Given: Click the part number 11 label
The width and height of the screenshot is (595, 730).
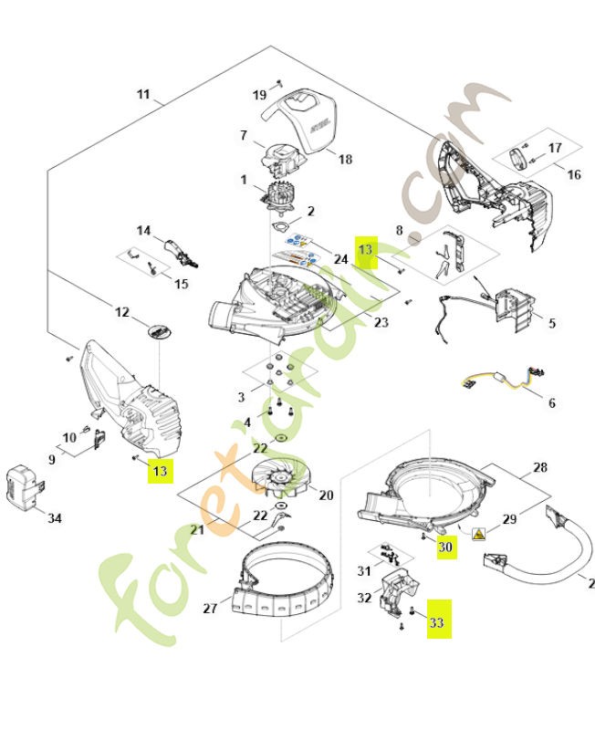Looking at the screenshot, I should click(143, 95).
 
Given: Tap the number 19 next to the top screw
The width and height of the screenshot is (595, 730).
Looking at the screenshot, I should click(260, 95).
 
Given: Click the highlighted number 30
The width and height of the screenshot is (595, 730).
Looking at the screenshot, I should click(444, 547).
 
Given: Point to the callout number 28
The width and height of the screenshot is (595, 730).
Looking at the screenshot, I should click(540, 468).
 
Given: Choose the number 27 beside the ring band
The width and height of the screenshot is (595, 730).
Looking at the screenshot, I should click(209, 608).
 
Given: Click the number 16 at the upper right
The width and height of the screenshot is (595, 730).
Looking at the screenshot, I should click(574, 174).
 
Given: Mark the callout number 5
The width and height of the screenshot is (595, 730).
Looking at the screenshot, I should click(551, 323).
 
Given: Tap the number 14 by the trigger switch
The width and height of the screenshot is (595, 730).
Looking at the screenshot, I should click(143, 231).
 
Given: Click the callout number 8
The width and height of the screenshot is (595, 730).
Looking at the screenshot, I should click(399, 231).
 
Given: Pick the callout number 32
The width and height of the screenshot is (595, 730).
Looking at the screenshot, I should click(363, 600).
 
